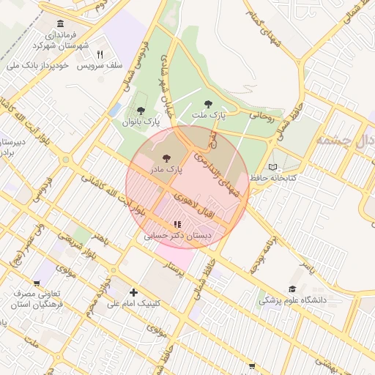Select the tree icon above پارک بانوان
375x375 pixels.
(141, 110)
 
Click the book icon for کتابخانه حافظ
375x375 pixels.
(273, 166)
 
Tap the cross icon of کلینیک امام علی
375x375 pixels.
(133, 292)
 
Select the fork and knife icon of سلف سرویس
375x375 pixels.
(100, 53)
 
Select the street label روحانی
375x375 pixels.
(261, 115)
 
